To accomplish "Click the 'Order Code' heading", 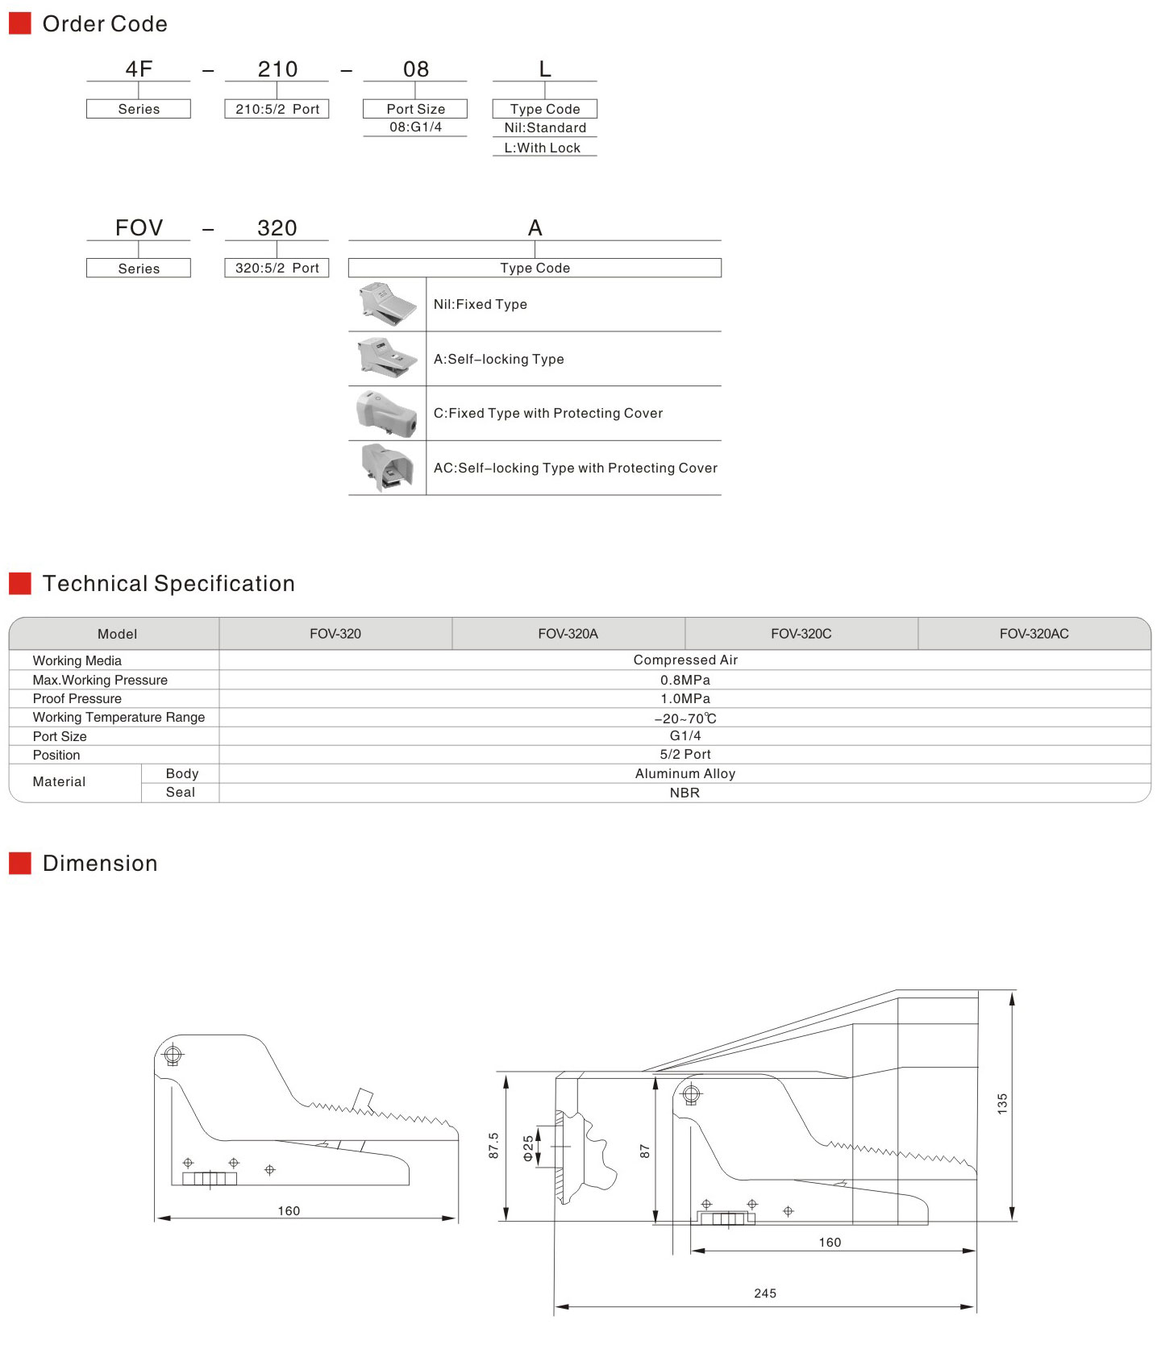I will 105,24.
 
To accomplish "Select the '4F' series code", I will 139,69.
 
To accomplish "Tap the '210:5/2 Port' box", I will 277,109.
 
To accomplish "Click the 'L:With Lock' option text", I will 543,148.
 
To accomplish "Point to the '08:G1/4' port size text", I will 415,127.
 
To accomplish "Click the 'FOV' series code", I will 139,228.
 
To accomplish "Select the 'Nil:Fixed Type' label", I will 481,304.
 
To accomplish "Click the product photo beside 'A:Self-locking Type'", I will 387,359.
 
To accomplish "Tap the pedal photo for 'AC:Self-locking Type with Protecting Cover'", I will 387,468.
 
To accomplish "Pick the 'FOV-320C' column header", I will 801,634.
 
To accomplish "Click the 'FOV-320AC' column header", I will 1034,634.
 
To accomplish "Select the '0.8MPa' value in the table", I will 685,680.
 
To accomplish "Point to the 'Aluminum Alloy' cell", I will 685,773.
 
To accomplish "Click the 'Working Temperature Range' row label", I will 119,717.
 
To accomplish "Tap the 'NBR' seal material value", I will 685,793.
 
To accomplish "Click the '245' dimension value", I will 765,1293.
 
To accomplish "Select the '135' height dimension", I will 1002,1104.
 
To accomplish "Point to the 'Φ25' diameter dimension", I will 528,1147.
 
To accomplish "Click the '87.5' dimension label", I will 493,1146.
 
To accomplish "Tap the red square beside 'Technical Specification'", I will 20,583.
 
